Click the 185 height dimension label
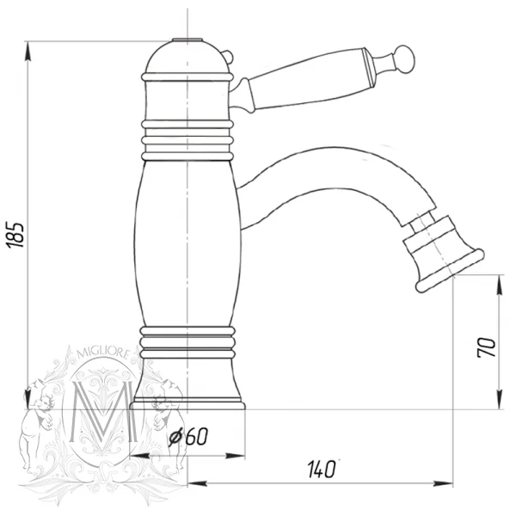click(15, 235)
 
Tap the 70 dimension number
click(487, 347)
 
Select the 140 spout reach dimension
click(322, 469)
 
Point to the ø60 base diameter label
click(188, 437)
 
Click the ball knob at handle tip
click(405, 59)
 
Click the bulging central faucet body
click(187, 243)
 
